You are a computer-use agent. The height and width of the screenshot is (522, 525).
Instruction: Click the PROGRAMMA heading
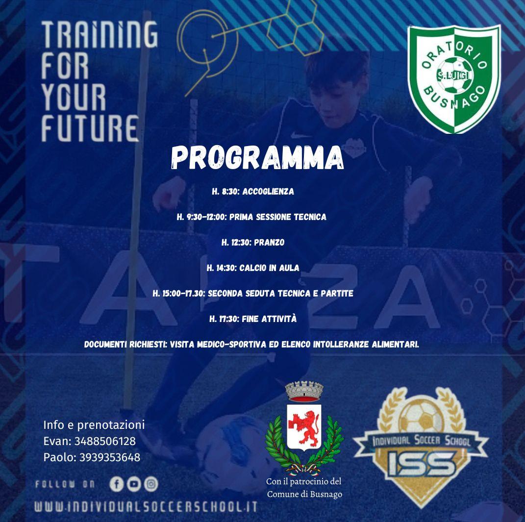(x=257, y=157)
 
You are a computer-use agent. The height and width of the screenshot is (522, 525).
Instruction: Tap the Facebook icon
(x=117, y=484)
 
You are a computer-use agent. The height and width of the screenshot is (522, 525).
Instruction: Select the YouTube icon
(x=134, y=484)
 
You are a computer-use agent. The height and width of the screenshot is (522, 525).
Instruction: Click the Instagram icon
(x=151, y=484)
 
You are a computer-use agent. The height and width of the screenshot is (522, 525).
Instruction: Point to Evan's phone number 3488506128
(x=105, y=441)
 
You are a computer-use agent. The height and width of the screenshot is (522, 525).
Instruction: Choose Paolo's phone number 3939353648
(x=109, y=457)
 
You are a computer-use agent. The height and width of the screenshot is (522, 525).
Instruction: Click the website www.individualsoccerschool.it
(x=146, y=507)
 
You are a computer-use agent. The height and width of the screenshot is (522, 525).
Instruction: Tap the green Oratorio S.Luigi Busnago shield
(x=454, y=79)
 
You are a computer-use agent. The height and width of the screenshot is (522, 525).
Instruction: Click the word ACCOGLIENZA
(x=268, y=192)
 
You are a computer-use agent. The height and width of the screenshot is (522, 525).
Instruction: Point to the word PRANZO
(x=269, y=243)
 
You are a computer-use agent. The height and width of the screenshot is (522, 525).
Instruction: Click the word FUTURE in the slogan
(x=90, y=128)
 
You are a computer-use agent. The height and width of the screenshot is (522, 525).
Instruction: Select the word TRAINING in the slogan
(x=100, y=34)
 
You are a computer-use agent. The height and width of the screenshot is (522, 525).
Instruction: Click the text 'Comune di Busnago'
(x=304, y=494)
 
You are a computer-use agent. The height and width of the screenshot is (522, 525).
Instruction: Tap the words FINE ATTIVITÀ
(x=269, y=319)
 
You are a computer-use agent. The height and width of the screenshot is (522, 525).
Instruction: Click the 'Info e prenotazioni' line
(x=94, y=425)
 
